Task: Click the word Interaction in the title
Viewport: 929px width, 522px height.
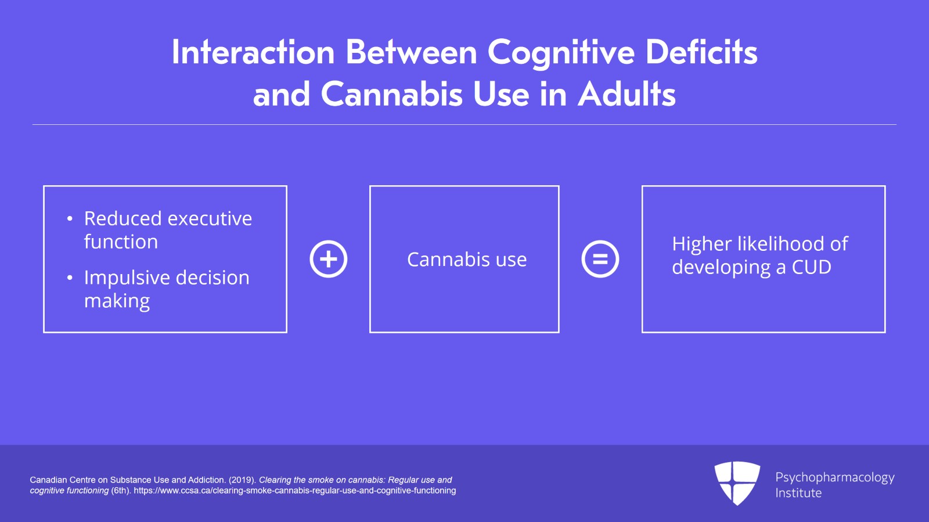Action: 253,52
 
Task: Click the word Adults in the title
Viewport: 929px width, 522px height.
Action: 626,93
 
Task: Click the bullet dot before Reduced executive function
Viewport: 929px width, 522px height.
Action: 70,218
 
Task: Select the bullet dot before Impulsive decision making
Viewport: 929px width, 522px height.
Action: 70,278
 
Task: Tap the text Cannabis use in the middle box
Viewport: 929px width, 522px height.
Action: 467,260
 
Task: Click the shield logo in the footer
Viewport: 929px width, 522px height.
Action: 737,483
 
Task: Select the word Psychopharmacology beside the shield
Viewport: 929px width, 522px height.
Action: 835,478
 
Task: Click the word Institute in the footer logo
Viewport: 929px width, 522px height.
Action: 798,493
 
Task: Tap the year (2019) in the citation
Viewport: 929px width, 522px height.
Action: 242,480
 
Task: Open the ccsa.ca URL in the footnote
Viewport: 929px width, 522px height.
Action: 294,491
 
